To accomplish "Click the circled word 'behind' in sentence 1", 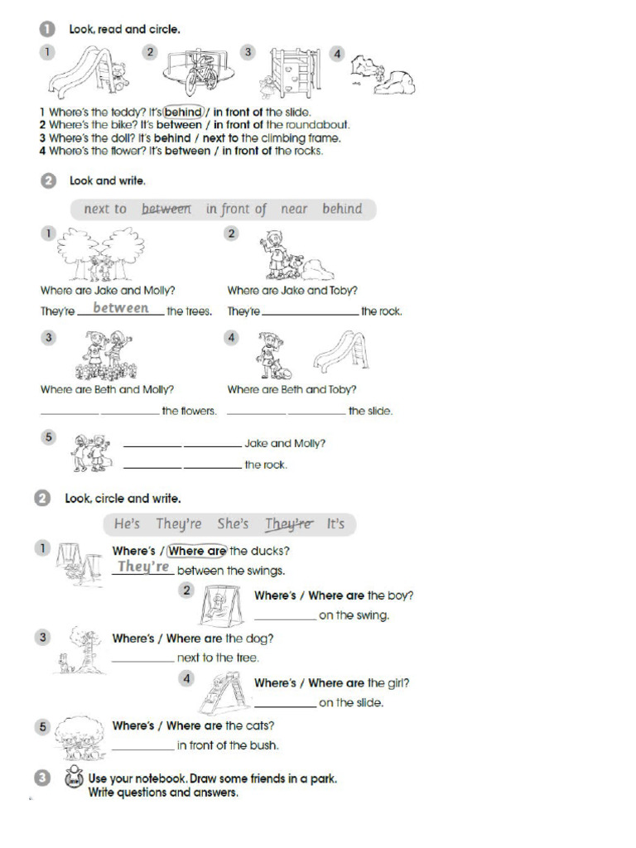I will pos(183,112).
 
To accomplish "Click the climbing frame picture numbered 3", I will pos(294,72).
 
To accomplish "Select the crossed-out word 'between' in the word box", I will pos(166,210).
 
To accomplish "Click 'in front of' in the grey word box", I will pos(236,210).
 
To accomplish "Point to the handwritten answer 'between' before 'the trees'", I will pos(121,308).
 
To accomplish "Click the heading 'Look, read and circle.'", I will pos(124,29).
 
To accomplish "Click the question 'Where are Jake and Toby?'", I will pos(292,291).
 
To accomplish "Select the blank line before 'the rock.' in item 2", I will pos(311,313).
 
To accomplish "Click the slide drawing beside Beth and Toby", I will pos(341,350).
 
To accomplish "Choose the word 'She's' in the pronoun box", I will pos(233,524).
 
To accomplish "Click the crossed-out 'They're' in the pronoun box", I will pos(289,524).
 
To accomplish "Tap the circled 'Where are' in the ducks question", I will pos(197,551).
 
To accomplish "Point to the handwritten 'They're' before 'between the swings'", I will pos(143,567).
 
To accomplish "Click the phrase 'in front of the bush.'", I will pos(228,745).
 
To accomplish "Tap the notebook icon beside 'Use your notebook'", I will pos(73,780).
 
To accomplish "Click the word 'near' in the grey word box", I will pos(294,210).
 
